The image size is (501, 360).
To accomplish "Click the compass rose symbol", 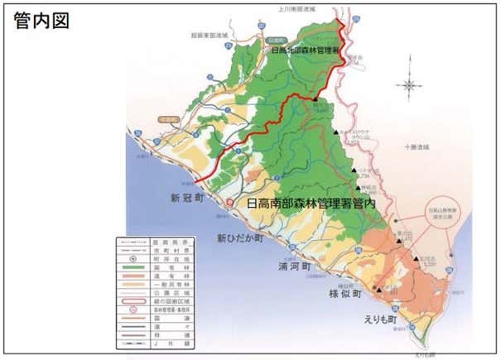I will point(409,84).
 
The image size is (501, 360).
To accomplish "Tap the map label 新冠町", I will point(187,198).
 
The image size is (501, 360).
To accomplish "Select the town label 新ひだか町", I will point(240,238).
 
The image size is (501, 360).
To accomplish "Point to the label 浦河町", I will point(294,268).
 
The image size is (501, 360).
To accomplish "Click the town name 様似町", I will point(346,294).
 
